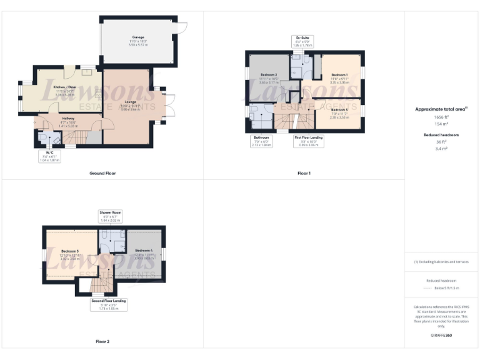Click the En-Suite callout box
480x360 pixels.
(302, 42)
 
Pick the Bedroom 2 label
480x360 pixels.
(268, 75)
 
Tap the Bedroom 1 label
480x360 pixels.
(339, 75)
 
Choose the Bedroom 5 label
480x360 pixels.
(339, 109)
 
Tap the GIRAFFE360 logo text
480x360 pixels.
(441, 335)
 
